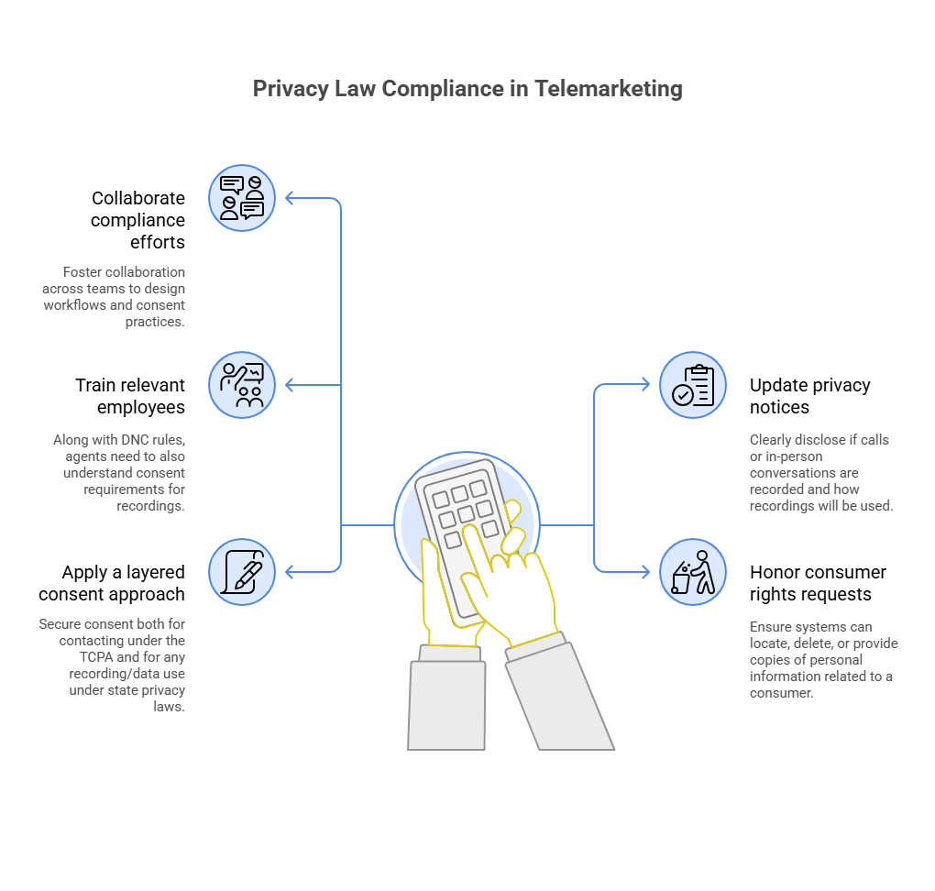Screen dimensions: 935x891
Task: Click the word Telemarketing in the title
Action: (x=609, y=89)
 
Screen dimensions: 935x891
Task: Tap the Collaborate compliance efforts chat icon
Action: (x=241, y=198)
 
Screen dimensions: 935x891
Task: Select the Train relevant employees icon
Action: (x=241, y=385)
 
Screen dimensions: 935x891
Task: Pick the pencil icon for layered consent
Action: (x=241, y=572)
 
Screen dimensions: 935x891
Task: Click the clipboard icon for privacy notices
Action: (x=693, y=385)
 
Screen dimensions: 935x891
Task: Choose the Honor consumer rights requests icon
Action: (x=693, y=572)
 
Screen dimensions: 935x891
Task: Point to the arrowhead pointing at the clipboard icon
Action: (x=646, y=385)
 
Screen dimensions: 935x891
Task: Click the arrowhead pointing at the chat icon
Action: (x=290, y=198)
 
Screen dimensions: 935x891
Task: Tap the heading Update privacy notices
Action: (x=809, y=396)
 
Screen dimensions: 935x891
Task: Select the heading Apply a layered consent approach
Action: (x=112, y=583)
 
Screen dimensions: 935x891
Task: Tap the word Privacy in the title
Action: (x=291, y=89)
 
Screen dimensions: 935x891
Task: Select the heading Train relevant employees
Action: (x=130, y=396)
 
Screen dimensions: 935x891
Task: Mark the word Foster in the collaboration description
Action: (x=82, y=272)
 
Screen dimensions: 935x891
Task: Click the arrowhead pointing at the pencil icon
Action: (x=290, y=572)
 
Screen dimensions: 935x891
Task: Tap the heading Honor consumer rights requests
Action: (x=818, y=583)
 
